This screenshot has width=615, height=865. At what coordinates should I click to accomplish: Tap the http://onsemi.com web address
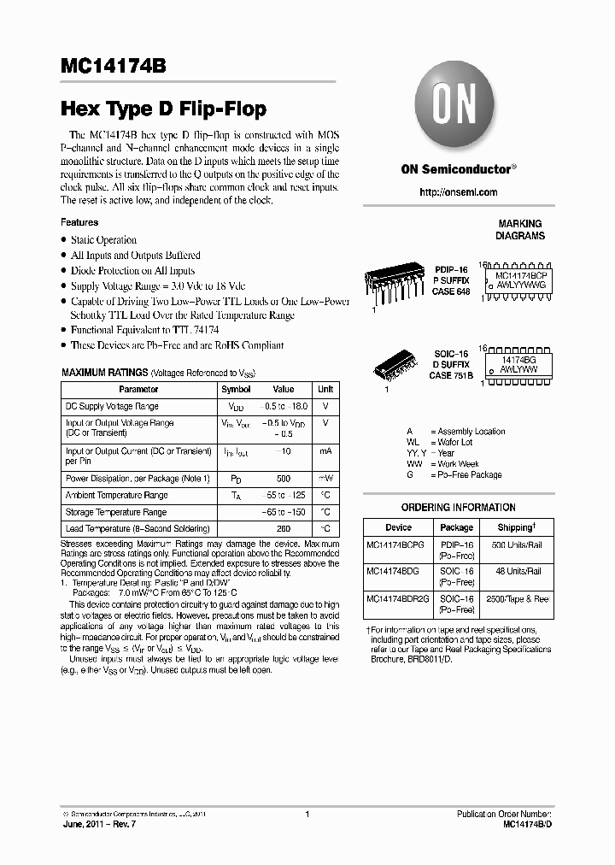(x=458, y=192)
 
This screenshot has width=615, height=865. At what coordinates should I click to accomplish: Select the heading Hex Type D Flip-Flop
(x=163, y=109)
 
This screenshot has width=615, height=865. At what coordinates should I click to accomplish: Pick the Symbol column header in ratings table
(x=236, y=389)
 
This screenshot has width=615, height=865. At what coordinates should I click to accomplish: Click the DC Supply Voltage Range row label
(x=112, y=406)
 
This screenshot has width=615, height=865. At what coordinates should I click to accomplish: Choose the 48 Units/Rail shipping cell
(x=517, y=570)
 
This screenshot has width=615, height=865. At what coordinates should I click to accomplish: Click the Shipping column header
(x=516, y=527)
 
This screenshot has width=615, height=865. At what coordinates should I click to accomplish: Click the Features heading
(x=79, y=222)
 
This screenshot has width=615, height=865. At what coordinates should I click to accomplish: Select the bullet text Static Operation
(x=103, y=240)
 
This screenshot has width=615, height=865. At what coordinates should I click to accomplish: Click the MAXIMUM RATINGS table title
(x=104, y=374)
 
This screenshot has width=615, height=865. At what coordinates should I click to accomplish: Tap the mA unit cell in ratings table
(x=325, y=450)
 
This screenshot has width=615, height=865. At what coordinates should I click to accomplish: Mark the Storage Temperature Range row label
(x=116, y=512)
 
